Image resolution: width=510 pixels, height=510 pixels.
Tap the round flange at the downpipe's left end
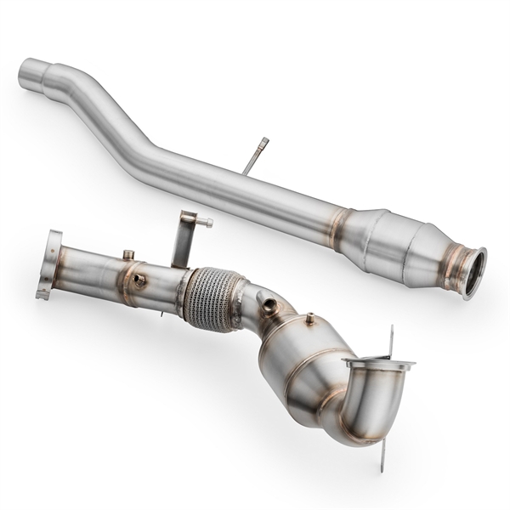pyautogui.click(x=50, y=264)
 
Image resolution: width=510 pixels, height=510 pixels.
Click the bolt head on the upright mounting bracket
pyautogui.click(x=207, y=223)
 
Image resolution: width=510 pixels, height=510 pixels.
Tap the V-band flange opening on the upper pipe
pyautogui.click(x=472, y=273)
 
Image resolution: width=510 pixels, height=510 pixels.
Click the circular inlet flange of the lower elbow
pyautogui.click(x=378, y=365)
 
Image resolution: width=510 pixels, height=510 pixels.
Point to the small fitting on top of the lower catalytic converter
pyautogui.click(x=310, y=319)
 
